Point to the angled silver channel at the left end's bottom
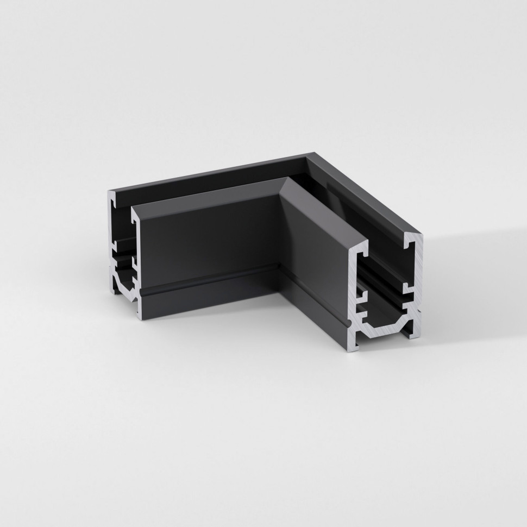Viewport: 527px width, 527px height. (x=123, y=285)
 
